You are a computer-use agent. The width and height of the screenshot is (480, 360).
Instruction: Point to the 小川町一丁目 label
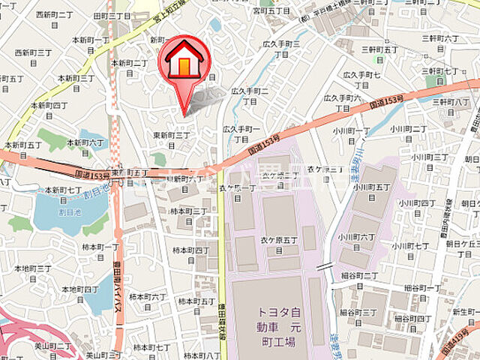pyautogui.click(x=352, y=135)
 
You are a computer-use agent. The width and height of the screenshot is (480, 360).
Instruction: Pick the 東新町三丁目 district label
pyautogui.click(x=172, y=139)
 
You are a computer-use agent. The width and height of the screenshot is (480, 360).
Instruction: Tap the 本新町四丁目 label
pyautogui.click(x=49, y=109)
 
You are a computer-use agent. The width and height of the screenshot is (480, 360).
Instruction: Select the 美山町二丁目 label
pyautogui.click(x=53, y=346)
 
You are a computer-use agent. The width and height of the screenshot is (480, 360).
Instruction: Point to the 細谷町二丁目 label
pyautogui.click(x=358, y=280)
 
